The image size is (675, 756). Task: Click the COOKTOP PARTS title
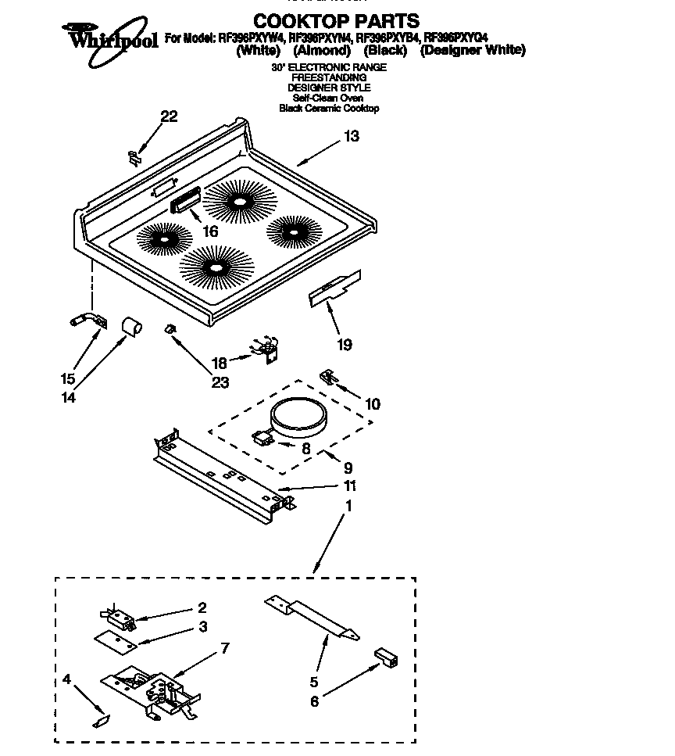pos(337,21)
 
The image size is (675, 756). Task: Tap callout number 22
pos(169,117)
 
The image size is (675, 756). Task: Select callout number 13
pos(351,137)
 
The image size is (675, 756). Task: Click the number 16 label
pos(209,231)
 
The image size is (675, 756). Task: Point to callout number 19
pos(344,344)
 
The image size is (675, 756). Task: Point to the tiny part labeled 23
pos(170,330)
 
